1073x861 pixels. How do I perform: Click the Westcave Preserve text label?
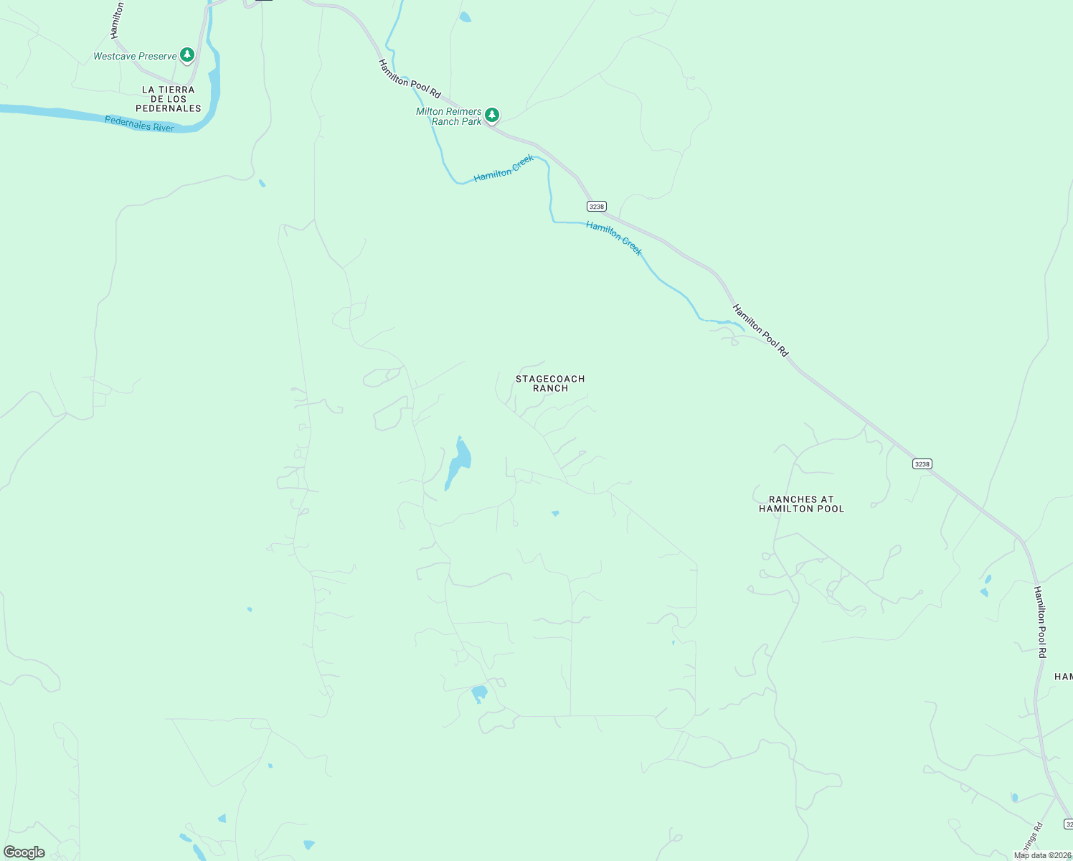[135, 56]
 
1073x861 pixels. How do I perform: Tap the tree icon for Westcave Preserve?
[187, 55]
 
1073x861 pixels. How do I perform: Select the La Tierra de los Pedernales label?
[169, 99]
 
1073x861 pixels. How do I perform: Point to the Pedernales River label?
[139, 123]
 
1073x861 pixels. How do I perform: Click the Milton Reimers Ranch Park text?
[449, 116]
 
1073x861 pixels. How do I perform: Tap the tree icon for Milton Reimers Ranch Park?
[491, 114]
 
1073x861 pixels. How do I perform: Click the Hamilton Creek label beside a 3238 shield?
[614, 238]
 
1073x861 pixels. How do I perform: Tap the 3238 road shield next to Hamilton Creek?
[597, 206]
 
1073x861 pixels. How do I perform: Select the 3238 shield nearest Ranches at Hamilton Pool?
[922, 464]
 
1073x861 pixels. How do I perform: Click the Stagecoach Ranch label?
[550, 383]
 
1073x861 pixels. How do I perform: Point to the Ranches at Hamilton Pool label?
[801, 504]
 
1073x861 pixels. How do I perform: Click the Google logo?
[24, 852]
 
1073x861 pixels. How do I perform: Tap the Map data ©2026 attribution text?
[1042, 855]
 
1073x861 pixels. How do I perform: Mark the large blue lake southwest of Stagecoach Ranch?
[458, 463]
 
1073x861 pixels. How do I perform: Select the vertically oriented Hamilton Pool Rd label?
[1040, 621]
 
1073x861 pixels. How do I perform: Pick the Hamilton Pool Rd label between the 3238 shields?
[760, 330]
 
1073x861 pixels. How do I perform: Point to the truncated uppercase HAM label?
[1063, 677]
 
